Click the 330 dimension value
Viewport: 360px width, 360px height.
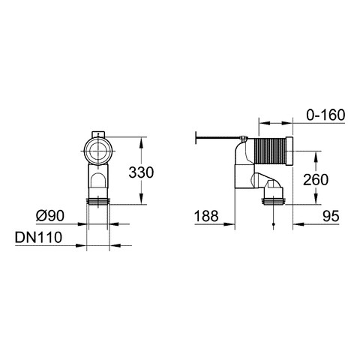click(141, 172)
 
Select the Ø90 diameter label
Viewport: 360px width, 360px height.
click(50, 215)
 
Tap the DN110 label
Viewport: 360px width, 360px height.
click(38, 237)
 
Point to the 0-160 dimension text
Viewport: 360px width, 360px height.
click(325, 115)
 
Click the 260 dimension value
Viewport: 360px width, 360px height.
click(316, 180)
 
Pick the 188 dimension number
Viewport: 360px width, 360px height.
click(206, 216)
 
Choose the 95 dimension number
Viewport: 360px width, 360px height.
click(331, 216)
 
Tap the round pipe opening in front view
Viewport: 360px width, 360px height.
click(98, 151)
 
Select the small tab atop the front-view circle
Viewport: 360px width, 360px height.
click(98, 134)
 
